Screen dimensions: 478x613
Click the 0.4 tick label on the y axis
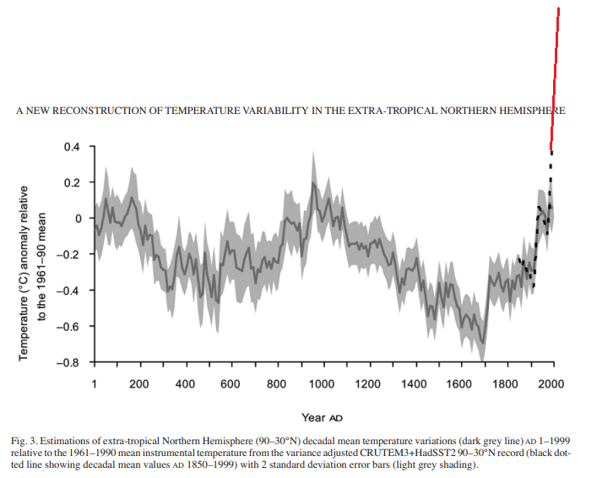click(73, 147)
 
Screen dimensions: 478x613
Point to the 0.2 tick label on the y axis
click(73, 182)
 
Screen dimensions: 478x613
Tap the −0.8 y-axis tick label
click(70, 363)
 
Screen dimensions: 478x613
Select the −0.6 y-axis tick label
click(70, 327)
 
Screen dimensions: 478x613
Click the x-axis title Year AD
click(322, 417)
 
